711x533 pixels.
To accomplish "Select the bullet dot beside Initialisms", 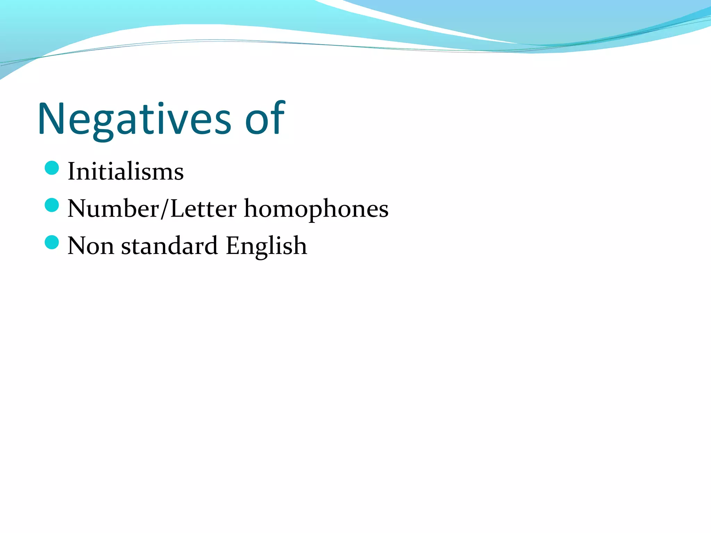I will click(52, 168).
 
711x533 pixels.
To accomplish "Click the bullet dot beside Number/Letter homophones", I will click(52, 205).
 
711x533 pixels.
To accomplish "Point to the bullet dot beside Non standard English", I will click(52, 242).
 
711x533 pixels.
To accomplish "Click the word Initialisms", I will click(125, 171).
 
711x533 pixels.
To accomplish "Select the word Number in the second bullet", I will click(113, 209).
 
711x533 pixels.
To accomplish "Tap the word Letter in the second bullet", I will click(203, 209).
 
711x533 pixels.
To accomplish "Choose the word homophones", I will click(316, 209).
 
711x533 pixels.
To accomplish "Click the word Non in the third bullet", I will click(91, 246).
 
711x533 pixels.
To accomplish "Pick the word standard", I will click(169, 246).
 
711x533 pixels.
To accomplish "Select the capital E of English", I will click(232, 246).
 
